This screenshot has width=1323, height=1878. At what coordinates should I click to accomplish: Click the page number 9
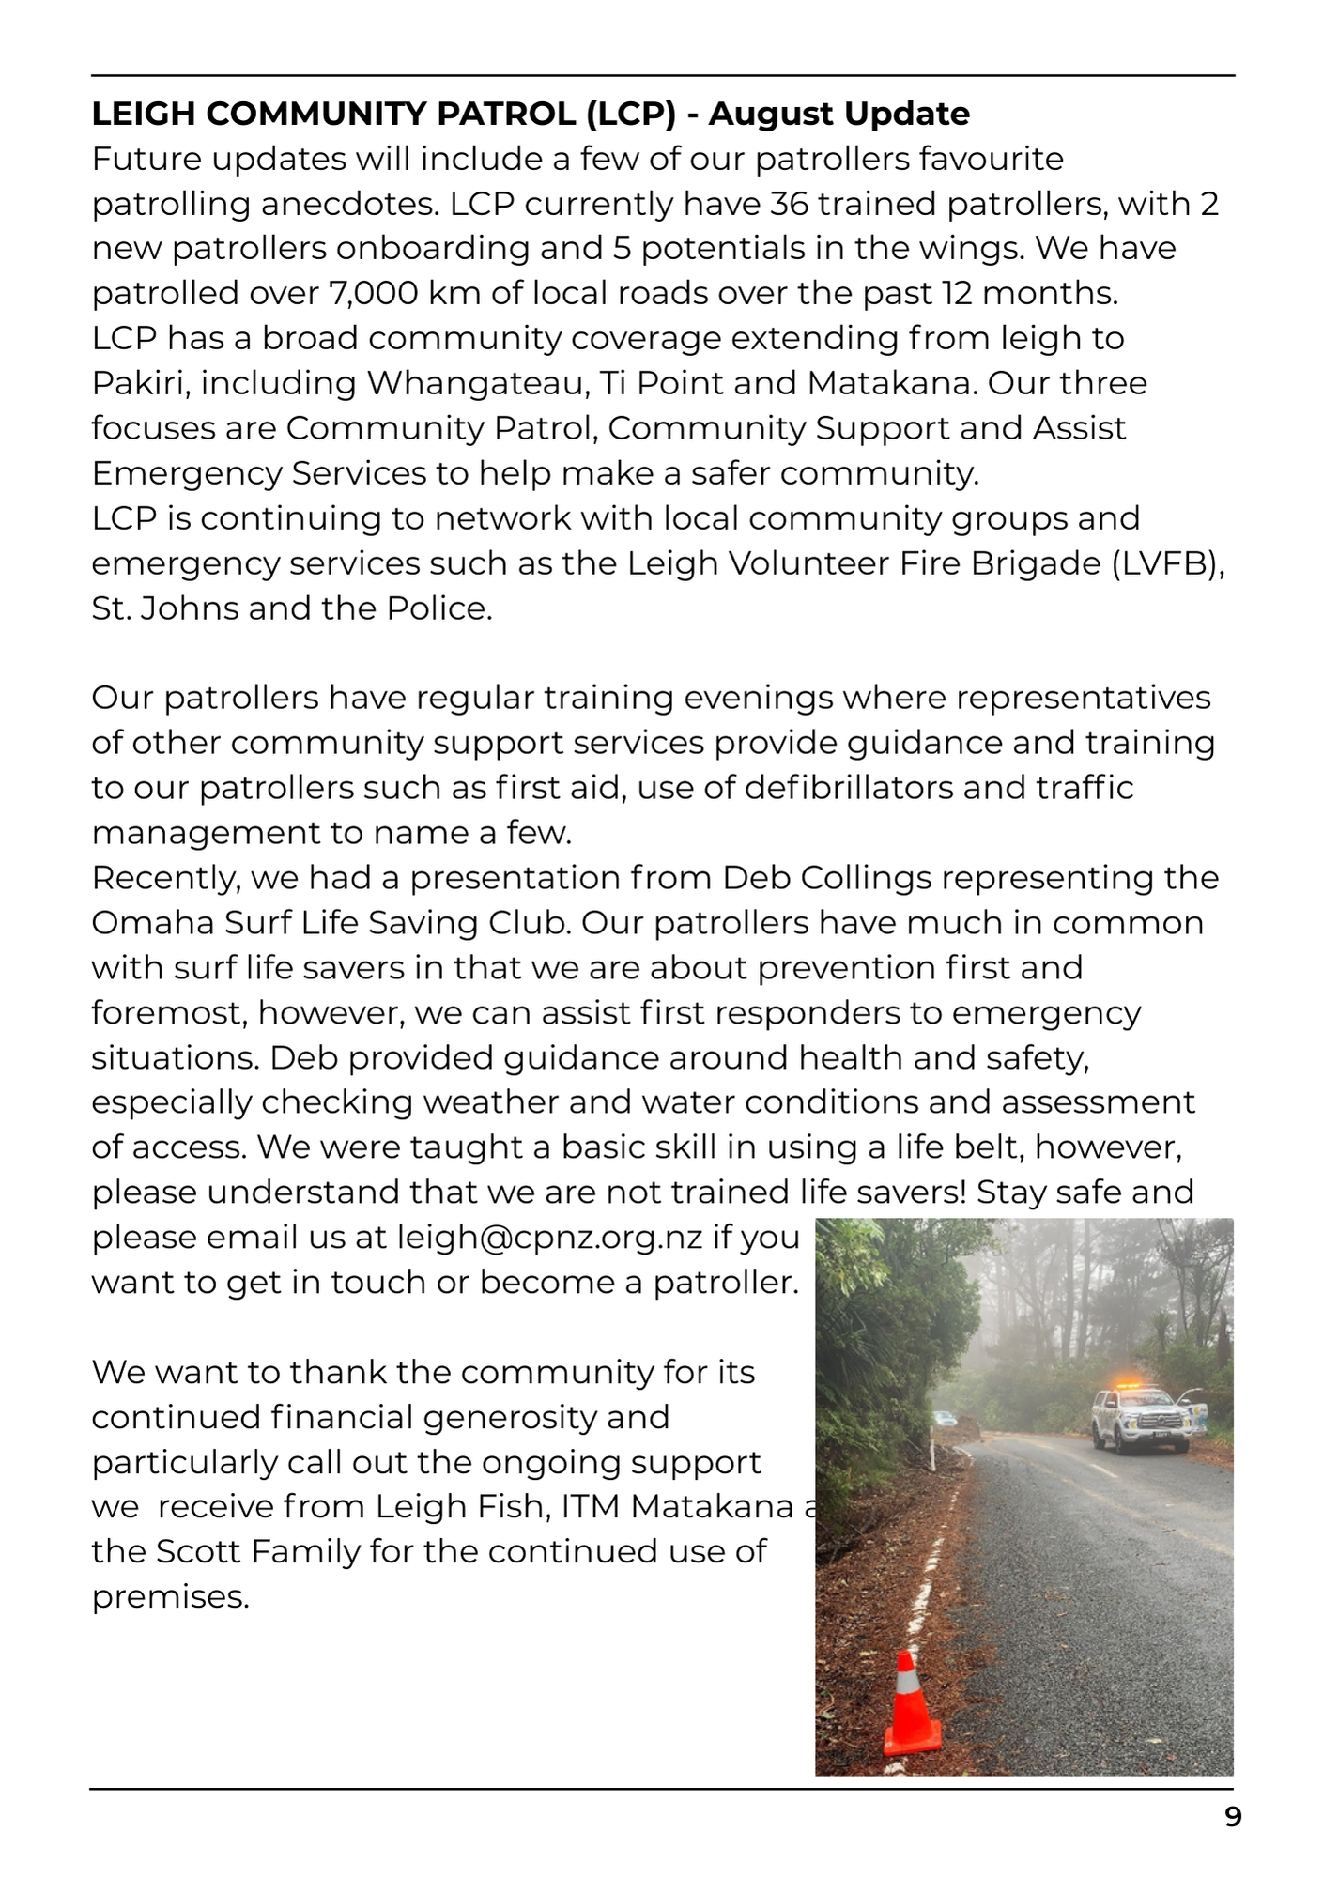click(1233, 1817)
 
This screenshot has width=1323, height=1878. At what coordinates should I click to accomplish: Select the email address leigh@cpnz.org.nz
click(549, 1238)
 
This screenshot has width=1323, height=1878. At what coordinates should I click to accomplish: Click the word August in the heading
click(770, 114)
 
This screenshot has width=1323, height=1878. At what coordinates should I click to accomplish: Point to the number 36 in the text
click(788, 204)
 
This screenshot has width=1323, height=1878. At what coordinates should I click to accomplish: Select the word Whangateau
click(475, 384)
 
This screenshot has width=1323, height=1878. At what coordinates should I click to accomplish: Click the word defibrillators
click(849, 788)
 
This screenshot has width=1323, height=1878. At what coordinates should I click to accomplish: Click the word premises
click(170, 1597)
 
